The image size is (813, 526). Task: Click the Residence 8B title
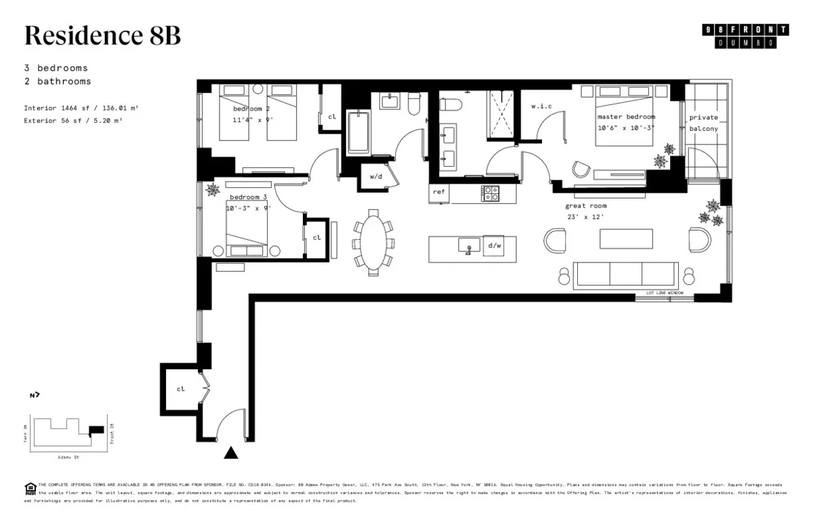coord(102,35)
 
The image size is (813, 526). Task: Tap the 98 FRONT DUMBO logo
coord(746,36)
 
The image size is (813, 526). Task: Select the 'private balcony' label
coord(703,123)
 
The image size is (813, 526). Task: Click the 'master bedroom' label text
coord(626,117)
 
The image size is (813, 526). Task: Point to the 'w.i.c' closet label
coord(541,106)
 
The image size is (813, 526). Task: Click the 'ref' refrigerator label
coord(439,192)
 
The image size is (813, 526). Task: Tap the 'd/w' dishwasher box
coord(494,246)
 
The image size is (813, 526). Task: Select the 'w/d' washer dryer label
coord(376,176)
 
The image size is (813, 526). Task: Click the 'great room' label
coord(586,205)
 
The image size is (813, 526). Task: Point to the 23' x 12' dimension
coord(585,217)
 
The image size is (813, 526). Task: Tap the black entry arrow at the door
coord(232,453)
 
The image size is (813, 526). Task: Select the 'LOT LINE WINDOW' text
coord(665,293)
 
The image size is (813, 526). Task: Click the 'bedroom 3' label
coord(248,197)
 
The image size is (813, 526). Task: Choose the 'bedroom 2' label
coord(251,109)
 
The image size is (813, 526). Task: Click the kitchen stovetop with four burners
coord(490,194)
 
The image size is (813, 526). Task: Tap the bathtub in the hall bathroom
coord(358,134)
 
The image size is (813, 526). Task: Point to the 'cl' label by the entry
coord(180,390)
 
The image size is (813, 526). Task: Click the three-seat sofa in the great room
coord(625,273)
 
